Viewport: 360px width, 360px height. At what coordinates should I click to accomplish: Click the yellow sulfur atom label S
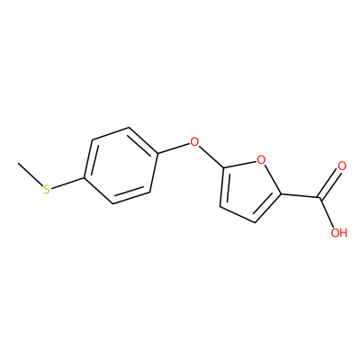(46, 189)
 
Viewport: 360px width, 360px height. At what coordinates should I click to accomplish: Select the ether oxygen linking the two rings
(194, 141)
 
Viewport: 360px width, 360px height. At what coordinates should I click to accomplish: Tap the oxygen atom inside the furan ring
(262, 160)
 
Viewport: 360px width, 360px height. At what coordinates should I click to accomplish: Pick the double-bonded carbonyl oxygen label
(342, 166)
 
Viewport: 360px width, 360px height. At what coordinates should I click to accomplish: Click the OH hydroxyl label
(339, 232)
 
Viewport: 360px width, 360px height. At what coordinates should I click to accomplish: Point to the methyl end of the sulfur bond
(19, 164)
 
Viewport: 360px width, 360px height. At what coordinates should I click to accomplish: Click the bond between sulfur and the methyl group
(31, 175)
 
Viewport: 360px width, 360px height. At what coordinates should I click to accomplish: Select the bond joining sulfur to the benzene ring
(67, 184)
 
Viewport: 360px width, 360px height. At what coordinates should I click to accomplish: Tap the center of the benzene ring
(121, 166)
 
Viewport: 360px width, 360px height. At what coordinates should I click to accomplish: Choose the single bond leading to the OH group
(327, 211)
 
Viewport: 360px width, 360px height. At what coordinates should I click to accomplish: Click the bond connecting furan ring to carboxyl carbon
(301, 196)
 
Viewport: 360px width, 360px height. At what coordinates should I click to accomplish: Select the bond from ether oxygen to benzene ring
(174, 148)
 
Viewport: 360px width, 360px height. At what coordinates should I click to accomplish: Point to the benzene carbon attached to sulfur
(85, 178)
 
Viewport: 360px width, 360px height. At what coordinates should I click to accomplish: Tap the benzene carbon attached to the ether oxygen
(157, 154)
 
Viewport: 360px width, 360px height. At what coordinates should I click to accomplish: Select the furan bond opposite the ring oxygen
(238, 215)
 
